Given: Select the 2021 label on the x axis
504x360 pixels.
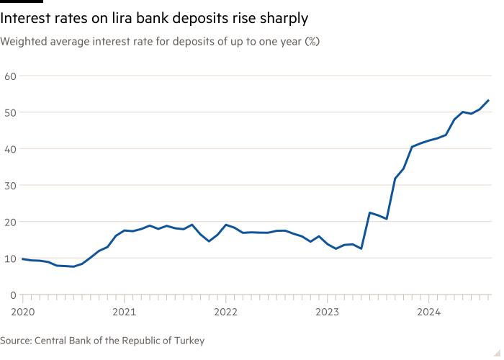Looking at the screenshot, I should pyautogui.click(x=125, y=312).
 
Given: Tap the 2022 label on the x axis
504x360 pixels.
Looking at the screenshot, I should pyautogui.click(x=226, y=312).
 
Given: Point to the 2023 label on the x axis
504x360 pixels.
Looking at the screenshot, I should pyautogui.click(x=328, y=312).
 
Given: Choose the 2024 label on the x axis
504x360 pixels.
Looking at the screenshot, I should pyautogui.click(x=429, y=312).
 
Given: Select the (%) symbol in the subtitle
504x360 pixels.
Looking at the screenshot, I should pyautogui.click(x=312, y=42).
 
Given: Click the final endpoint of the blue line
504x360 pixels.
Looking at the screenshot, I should pyautogui.click(x=490, y=99).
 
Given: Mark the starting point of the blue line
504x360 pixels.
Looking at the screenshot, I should pyautogui.click(x=22, y=258).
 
